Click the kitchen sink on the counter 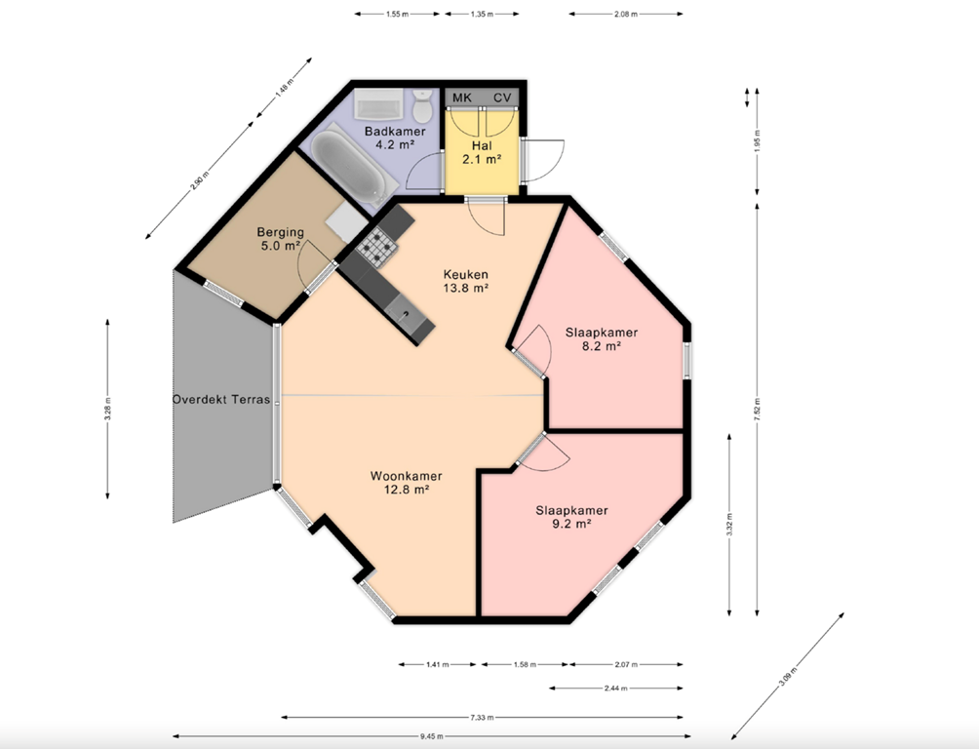point(405,312)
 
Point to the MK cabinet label point(462,99)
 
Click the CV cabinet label point(502,99)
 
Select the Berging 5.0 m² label point(280,239)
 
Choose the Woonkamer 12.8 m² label point(406,483)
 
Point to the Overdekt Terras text point(221,400)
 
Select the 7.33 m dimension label point(481,717)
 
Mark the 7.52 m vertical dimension point(757,410)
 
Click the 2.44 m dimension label point(616,689)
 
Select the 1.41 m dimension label point(439,665)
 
